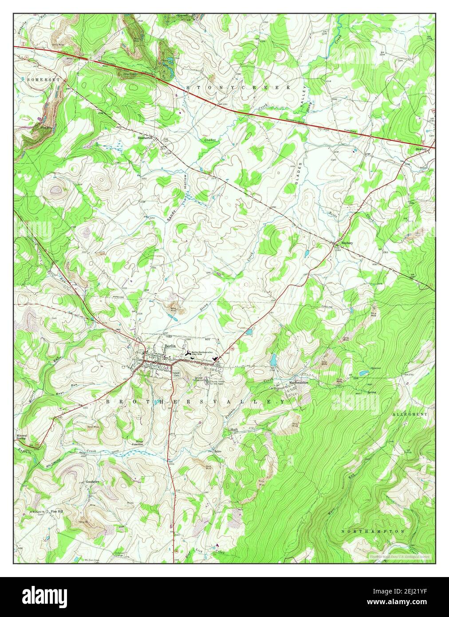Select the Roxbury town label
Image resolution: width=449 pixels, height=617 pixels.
347,243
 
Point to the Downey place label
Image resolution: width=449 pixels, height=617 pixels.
421,149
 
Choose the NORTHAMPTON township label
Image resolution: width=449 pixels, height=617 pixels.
373,531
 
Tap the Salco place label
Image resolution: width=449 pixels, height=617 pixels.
217,451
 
